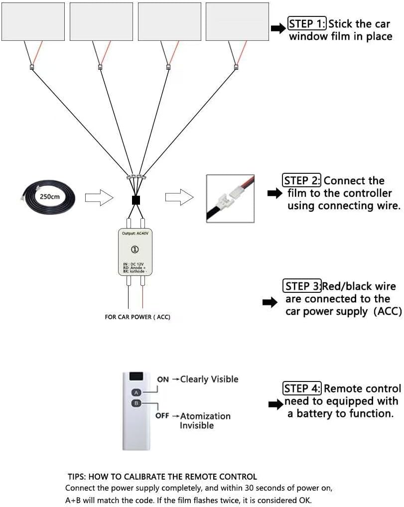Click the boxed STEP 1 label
307,24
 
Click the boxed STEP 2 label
302,180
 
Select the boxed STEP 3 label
302,286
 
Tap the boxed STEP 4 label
302,388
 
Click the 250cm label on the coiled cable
49,197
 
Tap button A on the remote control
136,392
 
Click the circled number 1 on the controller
135,250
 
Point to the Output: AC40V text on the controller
135,234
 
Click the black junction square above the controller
136,201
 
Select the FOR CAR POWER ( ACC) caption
137,317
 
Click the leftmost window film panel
33,21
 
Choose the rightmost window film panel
238,21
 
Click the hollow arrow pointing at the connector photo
179,197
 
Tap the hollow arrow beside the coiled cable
99,198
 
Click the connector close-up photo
230,199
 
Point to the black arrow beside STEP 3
270,302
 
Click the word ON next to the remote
163,380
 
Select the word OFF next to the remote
162,415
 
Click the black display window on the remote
136,377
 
